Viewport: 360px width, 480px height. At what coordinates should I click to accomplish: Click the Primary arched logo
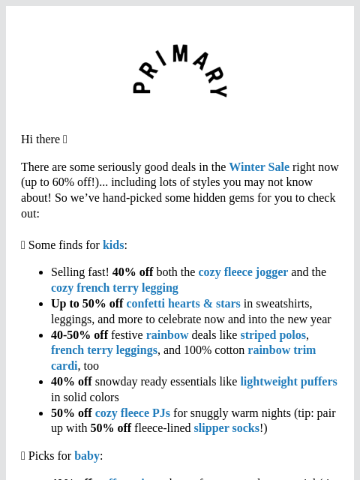pos(180,71)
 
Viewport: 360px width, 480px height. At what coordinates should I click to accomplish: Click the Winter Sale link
pos(259,167)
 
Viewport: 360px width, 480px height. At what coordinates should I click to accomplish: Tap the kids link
pos(113,245)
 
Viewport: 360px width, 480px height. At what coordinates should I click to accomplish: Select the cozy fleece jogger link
pos(243,272)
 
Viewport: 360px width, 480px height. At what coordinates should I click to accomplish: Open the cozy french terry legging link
pos(114,288)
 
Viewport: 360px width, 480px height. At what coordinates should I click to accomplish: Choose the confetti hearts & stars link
pos(183,304)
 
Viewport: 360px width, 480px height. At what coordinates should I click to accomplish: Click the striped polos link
pos(273,335)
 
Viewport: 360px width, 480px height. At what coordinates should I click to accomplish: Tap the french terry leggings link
pos(104,350)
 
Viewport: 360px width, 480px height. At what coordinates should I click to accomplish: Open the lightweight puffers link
pos(288,382)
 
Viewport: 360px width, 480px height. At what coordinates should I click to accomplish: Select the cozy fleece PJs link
pos(132,413)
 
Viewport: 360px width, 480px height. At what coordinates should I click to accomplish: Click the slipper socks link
pos(226,429)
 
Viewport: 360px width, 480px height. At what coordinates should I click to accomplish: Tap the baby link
pos(86,456)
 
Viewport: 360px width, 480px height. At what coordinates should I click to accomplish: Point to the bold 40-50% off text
pos(79,335)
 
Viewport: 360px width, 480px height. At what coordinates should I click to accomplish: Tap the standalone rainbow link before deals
pos(167,335)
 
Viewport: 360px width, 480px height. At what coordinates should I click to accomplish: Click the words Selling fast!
pos(79,272)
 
